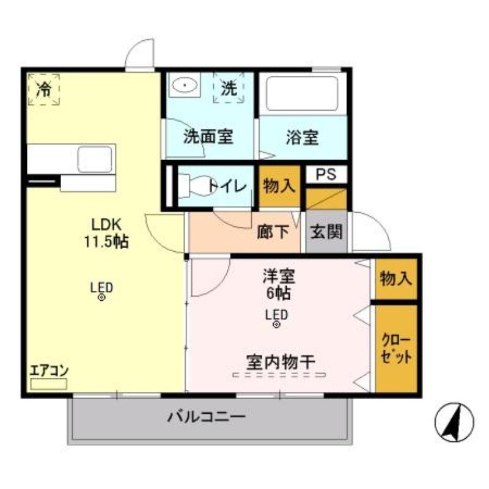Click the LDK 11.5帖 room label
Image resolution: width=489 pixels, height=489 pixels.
tap(106, 232)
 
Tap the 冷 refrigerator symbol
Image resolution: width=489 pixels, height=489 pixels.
tap(43, 90)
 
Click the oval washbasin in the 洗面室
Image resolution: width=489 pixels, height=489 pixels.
tap(184, 86)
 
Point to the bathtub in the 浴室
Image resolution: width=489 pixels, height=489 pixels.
tap(303, 94)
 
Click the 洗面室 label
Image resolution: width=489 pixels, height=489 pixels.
tap(208, 137)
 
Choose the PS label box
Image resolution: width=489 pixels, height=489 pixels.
tap(326, 174)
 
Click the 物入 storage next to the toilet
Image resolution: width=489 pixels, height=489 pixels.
tap(279, 185)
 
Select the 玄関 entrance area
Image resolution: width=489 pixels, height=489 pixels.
tap(326, 232)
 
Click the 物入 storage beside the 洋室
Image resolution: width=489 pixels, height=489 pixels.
tap(396, 279)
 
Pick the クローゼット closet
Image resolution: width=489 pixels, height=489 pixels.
tap(397, 349)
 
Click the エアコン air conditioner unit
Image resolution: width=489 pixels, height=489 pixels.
tap(49, 384)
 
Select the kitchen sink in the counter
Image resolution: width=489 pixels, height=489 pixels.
tap(94, 160)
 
